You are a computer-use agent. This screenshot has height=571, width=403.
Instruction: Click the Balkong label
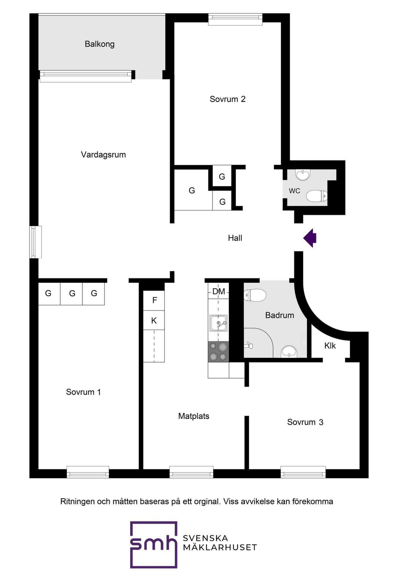click(x=100, y=44)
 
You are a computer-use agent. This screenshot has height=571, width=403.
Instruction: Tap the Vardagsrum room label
click(x=103, y=155)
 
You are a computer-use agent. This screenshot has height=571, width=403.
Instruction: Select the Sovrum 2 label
click(x=228, y=99)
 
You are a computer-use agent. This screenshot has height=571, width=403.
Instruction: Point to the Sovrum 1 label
click(x=83, y=392)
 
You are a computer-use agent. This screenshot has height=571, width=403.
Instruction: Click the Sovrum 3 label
click(x=305, y=422)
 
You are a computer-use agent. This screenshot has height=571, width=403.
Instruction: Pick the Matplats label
click(x=194, y=416)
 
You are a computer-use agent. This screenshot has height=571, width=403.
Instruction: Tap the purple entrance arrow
click(x=310, y=238)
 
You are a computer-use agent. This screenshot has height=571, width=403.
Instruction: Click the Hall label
click(x=235, y=238)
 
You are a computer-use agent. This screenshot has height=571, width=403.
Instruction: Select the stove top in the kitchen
click(x=218, y=352)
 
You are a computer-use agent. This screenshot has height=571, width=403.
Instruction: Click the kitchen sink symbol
click(x=218, y=323)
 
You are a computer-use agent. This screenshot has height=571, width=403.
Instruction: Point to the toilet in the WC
click(x=317, y=196)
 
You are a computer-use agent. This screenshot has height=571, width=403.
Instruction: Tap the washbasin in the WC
click(x=303, y=175)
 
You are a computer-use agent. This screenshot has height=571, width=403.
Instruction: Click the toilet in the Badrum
click(x=255, y=295)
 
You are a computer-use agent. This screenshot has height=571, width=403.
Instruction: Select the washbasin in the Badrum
click(x=289, y=352)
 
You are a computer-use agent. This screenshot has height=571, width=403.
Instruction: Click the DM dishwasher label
click(x=219, y=292)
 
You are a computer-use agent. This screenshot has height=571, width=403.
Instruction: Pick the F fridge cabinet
click(x=154, y=300)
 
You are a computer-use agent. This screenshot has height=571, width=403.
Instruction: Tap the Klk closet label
click(x=330, y=346)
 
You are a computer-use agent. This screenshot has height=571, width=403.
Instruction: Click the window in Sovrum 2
click(x=235, y=20)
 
